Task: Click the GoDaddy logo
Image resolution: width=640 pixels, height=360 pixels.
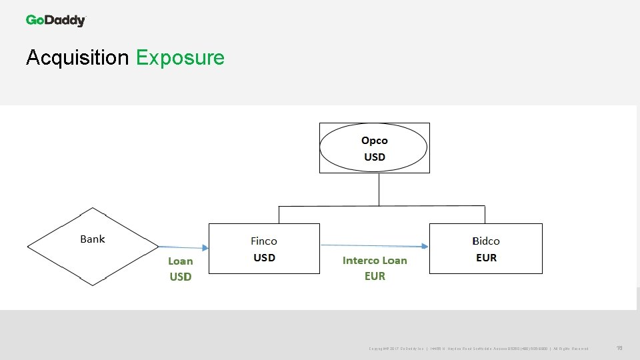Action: (56, 20)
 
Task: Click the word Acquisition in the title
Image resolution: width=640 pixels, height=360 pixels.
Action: (77, 58)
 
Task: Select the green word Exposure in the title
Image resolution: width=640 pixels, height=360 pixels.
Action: (180, 58)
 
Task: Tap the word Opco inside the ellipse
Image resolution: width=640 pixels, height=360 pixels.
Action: (374, 141)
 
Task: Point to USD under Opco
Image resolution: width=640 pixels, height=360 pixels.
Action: (374, 157)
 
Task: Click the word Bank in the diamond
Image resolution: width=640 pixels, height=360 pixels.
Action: (93, 239)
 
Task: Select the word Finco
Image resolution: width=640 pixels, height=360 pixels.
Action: (264, 241)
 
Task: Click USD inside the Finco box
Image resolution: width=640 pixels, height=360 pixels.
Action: (264, 258)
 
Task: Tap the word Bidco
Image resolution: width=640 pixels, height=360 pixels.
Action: (486, 241)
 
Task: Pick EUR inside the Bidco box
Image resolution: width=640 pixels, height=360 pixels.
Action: (486, 258)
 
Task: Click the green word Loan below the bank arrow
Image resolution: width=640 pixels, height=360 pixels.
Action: (180, 261)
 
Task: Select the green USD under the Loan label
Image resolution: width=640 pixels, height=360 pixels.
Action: (180, 277)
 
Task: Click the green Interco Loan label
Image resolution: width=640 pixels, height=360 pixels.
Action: (375, 261)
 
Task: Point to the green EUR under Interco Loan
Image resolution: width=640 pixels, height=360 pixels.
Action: (375, 276)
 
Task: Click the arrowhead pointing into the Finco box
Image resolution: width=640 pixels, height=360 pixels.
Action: (205, 248)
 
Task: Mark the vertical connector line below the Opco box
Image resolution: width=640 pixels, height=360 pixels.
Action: (379, 190)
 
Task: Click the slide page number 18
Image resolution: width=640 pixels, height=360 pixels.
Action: (619, 348)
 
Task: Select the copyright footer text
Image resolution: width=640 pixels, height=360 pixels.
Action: (478, 349)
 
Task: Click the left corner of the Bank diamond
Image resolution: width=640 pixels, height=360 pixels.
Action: (29, 247)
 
